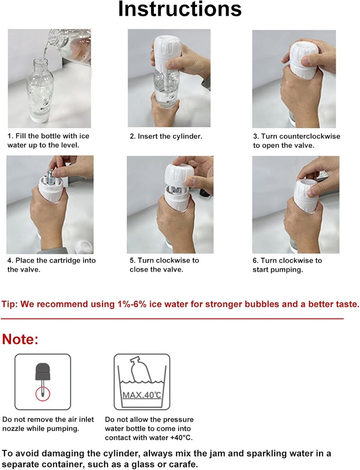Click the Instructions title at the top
coord(180,10)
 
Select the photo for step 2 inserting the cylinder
coord(169,78)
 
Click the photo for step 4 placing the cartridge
coord(50,204)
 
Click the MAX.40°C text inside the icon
coord(141,395)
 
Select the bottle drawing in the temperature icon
coord(141,370)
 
